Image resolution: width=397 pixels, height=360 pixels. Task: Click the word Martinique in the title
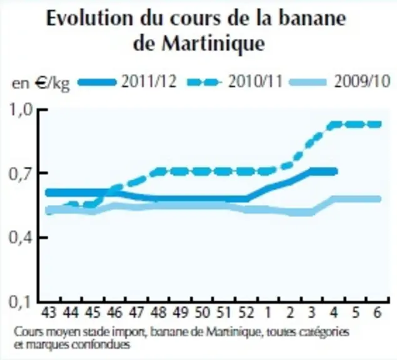click(x=213, y=44)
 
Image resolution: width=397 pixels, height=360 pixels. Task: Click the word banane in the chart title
click(x=312, y=18)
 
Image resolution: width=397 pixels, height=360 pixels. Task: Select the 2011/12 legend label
click(x=149, y=82)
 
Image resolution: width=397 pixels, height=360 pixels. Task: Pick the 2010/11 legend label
click(x=255, y=82)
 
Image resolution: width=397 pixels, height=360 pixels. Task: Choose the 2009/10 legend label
click(x=362, y=82)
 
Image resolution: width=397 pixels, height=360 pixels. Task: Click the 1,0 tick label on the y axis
click(x=21, y=110)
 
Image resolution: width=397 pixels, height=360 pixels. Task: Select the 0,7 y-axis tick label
click(x=21, y=174)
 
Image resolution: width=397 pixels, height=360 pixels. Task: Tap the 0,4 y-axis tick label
click(x=21, y=238)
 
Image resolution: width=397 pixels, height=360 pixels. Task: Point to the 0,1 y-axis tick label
click(x=21, y=302)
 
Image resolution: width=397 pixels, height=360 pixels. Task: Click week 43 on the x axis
click(x=49, y=312)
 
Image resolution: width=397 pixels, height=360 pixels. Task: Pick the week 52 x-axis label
click(x=246, y=312)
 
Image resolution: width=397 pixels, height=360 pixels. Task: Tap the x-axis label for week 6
click(x=378, y=312)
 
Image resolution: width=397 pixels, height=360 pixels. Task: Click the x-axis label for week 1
click(x=268, y=312)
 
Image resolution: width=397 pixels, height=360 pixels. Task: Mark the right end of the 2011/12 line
click(x=336, y=171)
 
